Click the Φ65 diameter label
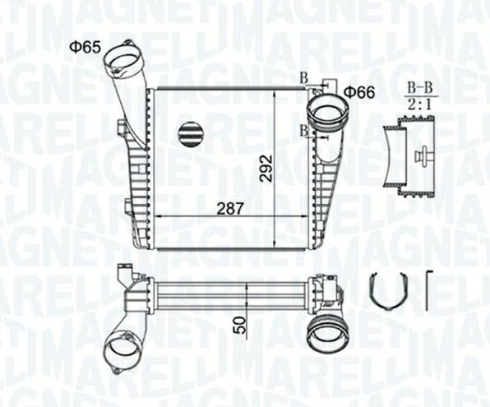tap(85, 47)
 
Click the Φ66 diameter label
tap(359, 92)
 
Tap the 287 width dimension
tap(231, 208)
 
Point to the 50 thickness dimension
tap(240, 324)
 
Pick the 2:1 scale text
tap(422, 104)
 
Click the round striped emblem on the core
tap(190, 133)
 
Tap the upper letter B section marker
tap(303, 77)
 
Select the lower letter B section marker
tap(303, 131)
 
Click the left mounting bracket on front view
tap(123, 129)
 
